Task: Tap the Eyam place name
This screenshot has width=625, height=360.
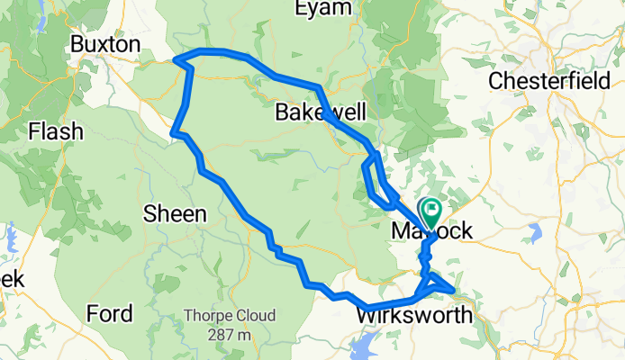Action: [322, 9]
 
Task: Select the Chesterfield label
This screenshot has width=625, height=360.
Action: [555, 81]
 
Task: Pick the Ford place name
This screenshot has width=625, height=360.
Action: [110, 314]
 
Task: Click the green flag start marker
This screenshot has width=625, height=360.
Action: [430, 212]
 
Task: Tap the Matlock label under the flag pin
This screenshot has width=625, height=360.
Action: [432, 232]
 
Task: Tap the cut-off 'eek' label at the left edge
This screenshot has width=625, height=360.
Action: [11, 280]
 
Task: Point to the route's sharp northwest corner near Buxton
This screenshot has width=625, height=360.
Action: [176, 61]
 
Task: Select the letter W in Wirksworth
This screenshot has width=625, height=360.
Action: [367, 316]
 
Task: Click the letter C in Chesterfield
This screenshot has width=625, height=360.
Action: [496, 81]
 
